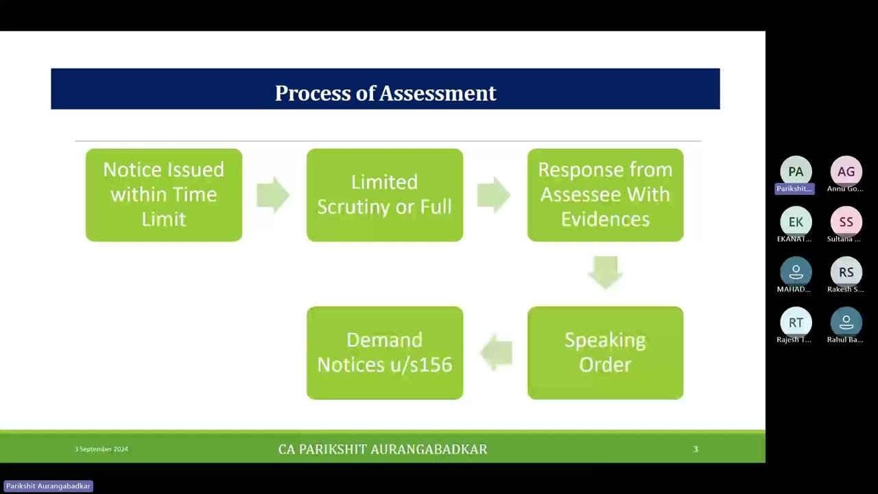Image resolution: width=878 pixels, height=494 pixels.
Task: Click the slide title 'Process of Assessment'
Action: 385,93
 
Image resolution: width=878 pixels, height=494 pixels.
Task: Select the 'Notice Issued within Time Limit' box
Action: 164,195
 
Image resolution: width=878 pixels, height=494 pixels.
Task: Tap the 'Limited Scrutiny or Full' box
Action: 385,195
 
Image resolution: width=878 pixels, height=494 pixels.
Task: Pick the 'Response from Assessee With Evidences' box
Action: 605,195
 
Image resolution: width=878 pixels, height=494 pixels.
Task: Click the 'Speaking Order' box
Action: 605,353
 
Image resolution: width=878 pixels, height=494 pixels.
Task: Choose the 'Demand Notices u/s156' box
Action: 385,353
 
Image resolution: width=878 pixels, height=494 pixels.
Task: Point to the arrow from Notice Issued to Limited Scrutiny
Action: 273,195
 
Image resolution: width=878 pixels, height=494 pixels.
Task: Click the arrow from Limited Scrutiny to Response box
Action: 494,195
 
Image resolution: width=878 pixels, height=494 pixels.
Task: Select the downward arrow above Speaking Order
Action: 605,272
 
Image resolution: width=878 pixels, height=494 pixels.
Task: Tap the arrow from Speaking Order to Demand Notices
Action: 496,353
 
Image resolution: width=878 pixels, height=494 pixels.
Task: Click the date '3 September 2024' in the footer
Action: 102,449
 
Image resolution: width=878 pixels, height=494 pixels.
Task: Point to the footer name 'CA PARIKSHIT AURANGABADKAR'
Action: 383,449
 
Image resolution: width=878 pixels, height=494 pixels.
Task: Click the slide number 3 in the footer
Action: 696,449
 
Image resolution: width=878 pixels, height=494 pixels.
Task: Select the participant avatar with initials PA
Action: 796,172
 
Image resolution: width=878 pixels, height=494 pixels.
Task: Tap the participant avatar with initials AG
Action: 846,172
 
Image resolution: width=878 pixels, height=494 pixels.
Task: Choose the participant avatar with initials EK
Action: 796,222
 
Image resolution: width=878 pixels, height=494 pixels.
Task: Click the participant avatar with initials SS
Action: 846,222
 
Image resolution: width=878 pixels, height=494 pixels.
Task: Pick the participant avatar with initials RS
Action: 846,272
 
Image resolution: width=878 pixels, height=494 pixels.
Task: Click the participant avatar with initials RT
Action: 796,322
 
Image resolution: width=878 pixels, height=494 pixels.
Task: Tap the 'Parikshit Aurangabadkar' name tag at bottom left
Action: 48,486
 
